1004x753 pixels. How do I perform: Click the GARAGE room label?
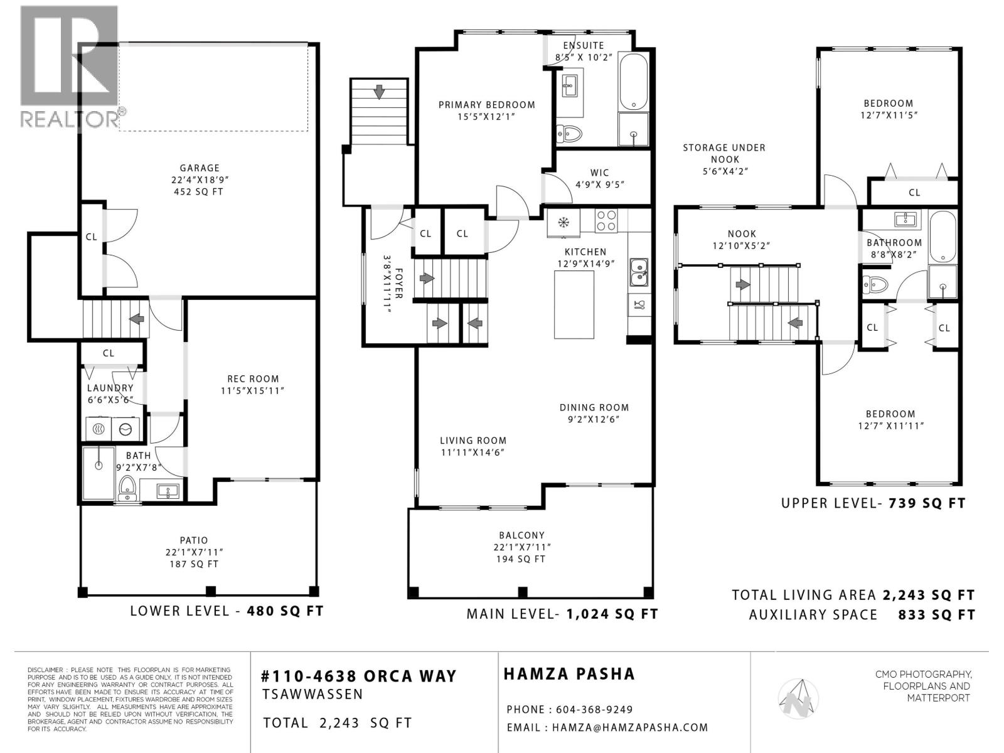click(x=200, y=168)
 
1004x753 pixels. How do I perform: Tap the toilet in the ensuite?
click(x=570, y=133)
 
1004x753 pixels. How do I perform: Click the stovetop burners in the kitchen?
click(x=606, y=222)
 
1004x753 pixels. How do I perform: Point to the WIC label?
click(x=599, y=173)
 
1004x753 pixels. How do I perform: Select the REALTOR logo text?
click(x=70, y=118)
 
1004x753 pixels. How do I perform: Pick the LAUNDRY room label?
click(x=110, y=388)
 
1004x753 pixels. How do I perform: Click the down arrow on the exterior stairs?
click(x=379, y=92)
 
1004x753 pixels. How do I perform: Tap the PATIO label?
click(x=193, y=540)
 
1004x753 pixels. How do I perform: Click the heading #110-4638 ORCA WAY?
click(x=359, y=676)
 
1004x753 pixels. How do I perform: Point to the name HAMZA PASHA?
click(x=569, y=674)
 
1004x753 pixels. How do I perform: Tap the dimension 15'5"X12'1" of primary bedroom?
click(x=486, y=116)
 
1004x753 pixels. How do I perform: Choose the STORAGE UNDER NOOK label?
click(x=724, y=153)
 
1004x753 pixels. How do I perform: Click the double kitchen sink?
click(x=639, y=271)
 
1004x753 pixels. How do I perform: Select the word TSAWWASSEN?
click(x=312, y=694)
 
